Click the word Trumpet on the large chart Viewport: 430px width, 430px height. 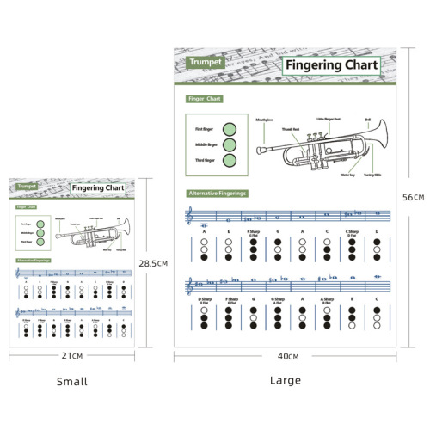click(x=205, y=63)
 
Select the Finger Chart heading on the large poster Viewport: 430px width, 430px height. click(x=205, y=99)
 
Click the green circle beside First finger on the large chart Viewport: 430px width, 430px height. click(x=230, y=129)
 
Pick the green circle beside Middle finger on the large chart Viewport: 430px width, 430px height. click(x=230, y=144)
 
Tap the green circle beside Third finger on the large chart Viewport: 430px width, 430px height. click(x=230, y=160)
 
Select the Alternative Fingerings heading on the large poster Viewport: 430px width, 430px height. click(x=218, y=193)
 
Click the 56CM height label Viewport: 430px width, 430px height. click(x=414, y=197)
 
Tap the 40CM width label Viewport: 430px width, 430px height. click(x=288, y=356)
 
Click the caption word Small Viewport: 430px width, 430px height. click(x=71, y=381)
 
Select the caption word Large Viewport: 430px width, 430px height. click(x=285, y=380)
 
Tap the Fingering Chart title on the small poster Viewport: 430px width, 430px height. click(x=98, y=187)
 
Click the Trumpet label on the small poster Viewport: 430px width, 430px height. click(x=27, y=186)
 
